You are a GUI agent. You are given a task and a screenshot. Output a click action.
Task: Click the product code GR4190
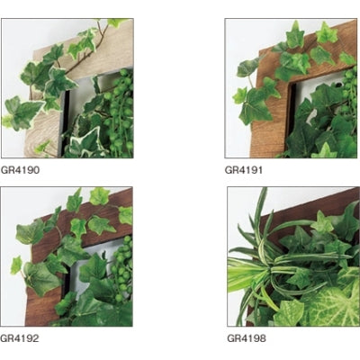coord(20,170)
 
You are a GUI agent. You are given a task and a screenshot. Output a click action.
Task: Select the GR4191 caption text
coord(244,170)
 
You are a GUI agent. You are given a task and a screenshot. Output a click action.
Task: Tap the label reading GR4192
coord(20,338)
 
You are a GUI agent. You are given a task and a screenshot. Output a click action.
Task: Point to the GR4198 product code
coord(247,338)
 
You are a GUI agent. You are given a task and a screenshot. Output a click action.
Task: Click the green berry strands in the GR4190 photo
coord(120,114)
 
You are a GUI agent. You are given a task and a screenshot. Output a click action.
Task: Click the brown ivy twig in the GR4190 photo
coord(87,54)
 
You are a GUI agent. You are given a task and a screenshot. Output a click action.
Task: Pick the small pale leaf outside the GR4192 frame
coord(16,265)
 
